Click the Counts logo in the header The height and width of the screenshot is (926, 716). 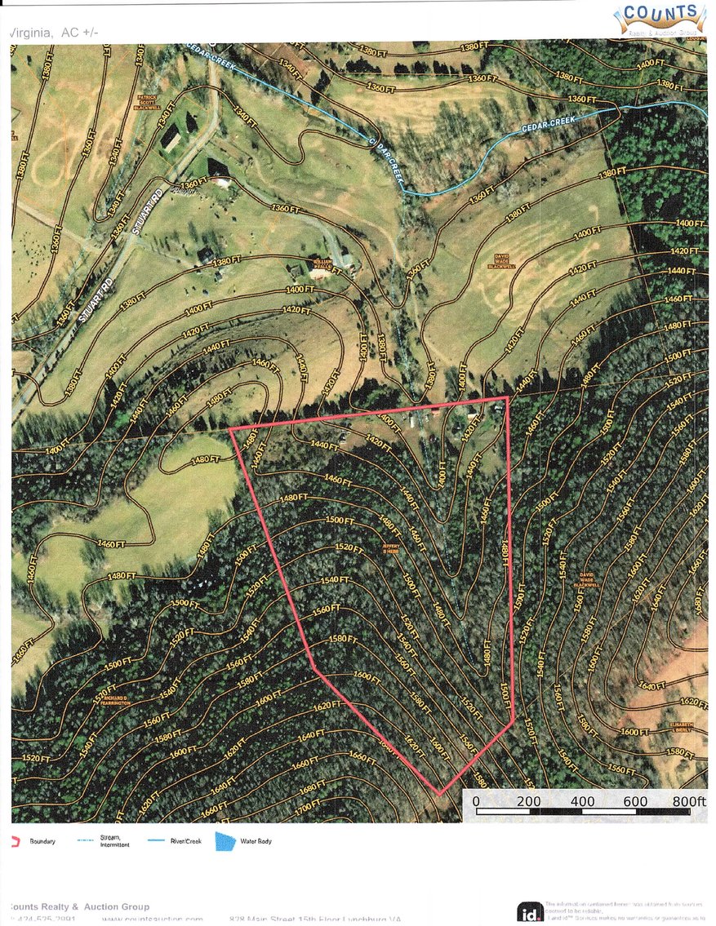[661, 17]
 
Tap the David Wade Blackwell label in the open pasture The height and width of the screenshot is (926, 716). [504, 262]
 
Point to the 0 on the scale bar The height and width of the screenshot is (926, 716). [476, 802]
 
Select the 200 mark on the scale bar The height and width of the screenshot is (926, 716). [529, 802]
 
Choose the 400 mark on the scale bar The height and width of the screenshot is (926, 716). [583, 802]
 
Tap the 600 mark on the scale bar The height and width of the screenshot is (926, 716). [636, 802]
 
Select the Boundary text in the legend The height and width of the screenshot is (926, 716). [42, 841]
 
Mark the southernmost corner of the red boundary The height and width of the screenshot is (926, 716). [439, 794]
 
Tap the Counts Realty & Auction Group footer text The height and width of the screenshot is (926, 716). [79, 906]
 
